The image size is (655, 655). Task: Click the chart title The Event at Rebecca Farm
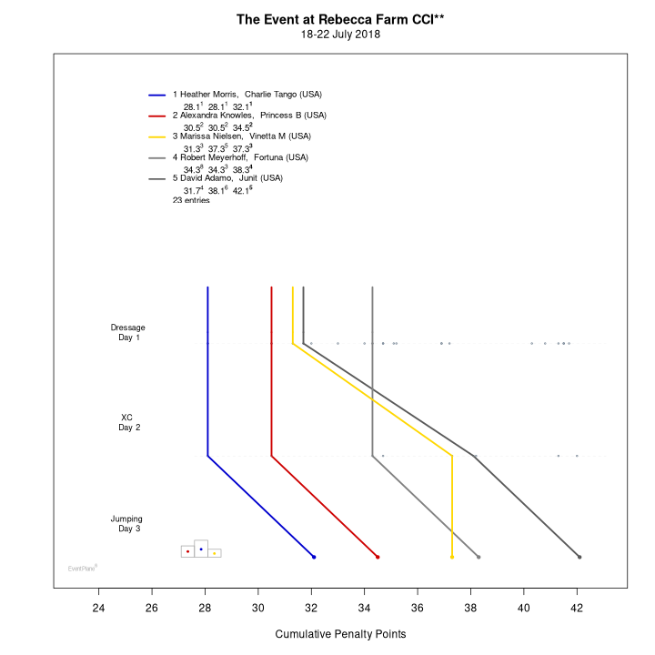click(x=327, y=19)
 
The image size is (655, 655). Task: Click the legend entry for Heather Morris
click(x=247, y=95)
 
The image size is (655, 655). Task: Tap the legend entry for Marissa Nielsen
click(x=241, y=136)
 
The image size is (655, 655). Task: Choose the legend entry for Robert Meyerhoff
click(x=241, y=157)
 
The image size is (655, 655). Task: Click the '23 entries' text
click(x=191, y=200)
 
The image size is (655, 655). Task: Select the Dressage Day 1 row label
click(x=127, y=332)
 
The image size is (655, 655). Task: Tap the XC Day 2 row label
click(x=127, y=422)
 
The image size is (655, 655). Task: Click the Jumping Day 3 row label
click(x=126, y=523)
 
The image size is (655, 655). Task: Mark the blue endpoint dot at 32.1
click(x=314, y=557)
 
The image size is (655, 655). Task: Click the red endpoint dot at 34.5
click(x=378, y=557)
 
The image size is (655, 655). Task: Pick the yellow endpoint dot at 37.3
click(x=452, y=557)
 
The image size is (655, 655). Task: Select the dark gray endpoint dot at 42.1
click(x=579, y=557)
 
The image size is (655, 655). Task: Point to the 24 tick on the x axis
click(x=99, y=608)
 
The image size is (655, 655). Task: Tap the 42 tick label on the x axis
click(x=577, y=608)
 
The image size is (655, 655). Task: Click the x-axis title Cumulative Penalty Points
click(x=340, y=634)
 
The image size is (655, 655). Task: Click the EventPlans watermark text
click(x=83, y=568)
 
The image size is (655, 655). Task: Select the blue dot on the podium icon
click(x=201, y=549)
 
